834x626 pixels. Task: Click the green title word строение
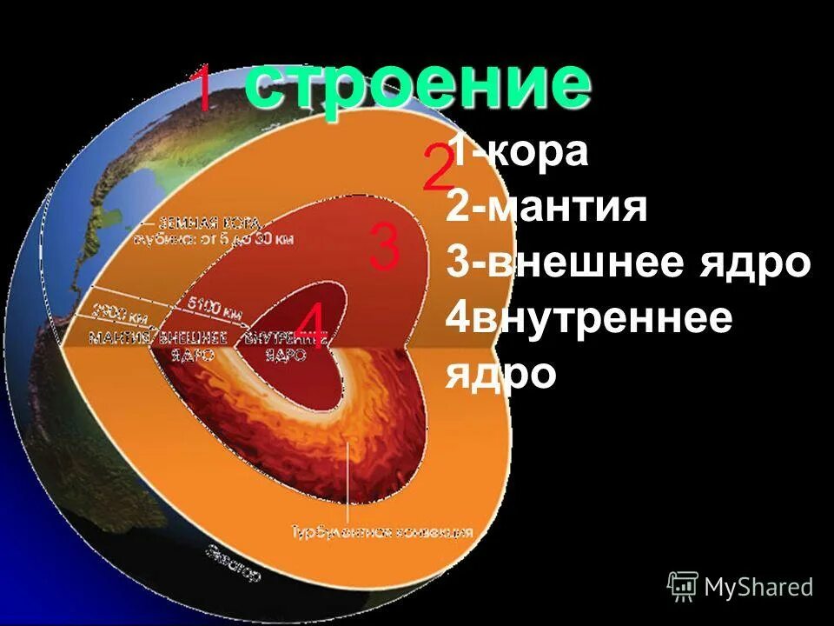pyautogui.click(x=417, y=85)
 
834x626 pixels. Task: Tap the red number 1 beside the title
pyautogui.click(x=202, y=89)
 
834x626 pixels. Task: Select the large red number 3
pyautogui.click(x=384, y=246)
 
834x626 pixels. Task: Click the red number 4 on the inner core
pyautogui.click(x=310, y=328)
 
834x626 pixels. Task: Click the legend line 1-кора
pyautogui.click(x=519, y=153)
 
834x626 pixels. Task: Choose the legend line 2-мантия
pyautogui.click(x=547, y=209)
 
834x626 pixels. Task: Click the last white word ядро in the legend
pyautogui.click(x=501, y=374)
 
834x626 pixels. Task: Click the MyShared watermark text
pyautogui.click(x=758, y=588)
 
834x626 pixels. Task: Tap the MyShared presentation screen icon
pyautogui.click(x=683, y=587)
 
